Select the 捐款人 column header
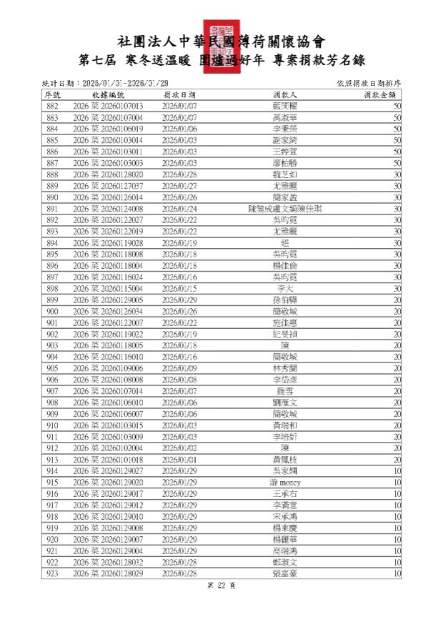[284, 94]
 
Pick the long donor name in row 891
[284, 209]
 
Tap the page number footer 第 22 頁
[221, 586]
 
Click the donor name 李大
[284, 288]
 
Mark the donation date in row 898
[179, 288]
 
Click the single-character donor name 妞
[284, 242]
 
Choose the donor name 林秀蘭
[284, 368]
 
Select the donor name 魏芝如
[284, 174]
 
